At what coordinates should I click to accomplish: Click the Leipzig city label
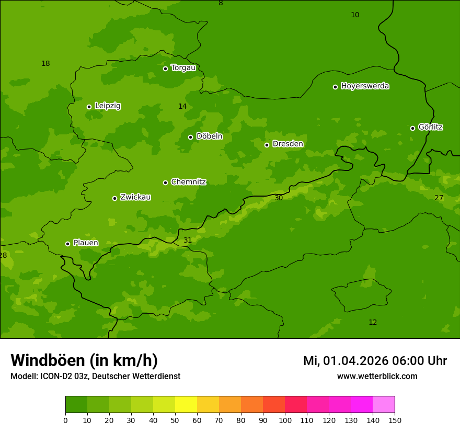coord(108,106)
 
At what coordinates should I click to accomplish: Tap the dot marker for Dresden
coord(267,145)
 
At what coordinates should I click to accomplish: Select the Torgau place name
coord(183,68)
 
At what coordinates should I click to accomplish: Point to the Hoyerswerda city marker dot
coord(335,87)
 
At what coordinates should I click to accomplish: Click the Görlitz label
coord(430,127)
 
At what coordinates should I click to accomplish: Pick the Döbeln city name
coord(209,136)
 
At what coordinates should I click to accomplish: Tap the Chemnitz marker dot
coord(165,182)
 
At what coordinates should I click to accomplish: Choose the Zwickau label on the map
coord(135,197)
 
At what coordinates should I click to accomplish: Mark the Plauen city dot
coord(67,244)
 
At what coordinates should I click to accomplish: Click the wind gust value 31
coord(188,241)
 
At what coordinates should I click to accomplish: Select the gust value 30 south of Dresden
coord(279,198)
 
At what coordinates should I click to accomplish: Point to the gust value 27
coord(439,198)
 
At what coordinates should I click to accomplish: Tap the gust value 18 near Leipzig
coord(45,64)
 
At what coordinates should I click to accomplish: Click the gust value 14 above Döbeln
coord(182,107)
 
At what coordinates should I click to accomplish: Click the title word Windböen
coord(48,361)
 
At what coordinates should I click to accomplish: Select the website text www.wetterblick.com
coord(377,376)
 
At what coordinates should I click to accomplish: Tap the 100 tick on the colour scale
coord(285,420)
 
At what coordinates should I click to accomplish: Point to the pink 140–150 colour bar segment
coord(384,405)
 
